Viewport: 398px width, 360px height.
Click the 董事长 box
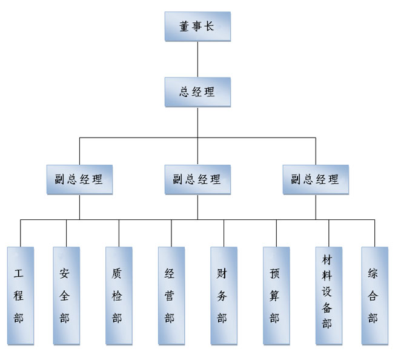(197, 27)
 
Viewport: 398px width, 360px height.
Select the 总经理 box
(197, 92)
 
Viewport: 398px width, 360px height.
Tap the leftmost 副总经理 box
(79, 180)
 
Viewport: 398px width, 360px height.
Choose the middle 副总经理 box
(197, 180)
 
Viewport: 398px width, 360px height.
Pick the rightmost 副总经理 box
(315, 180)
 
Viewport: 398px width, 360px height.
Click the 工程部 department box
(21, 295)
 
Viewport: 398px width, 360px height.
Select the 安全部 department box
(65, 295)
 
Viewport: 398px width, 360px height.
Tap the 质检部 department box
(118, 295)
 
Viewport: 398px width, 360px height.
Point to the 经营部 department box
(171, 295)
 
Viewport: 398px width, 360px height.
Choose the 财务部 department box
(224, 295)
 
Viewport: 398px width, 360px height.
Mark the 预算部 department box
(276, 295)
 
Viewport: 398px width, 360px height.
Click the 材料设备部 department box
(328, 295)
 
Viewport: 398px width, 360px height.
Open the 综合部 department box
(374, 295)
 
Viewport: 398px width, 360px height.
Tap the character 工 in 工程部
(20, 273)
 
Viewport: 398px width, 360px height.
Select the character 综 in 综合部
(373, 273)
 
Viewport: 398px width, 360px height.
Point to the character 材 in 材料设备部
(328, 259)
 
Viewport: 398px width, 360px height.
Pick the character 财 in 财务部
(223, 273)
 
